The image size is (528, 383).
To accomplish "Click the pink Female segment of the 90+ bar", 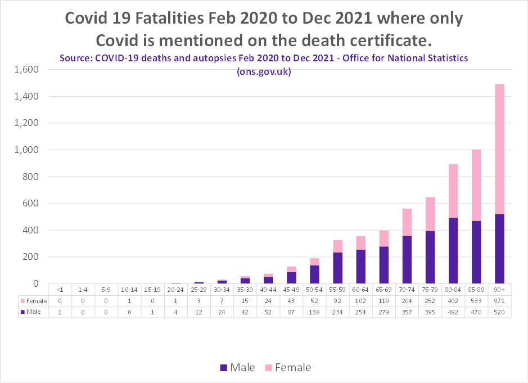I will [x=499, y=149].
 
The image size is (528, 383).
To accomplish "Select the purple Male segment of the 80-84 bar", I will [x=453, y=251].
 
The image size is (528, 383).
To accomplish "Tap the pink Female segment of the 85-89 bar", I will [x=476, y=185].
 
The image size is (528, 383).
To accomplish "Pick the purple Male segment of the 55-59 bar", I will [x=337, y=268].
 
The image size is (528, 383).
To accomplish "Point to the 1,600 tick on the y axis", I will [x=26, y=70].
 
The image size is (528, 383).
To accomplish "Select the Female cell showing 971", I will [x=499, y=300].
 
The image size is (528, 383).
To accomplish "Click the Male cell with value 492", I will [x=453, y=312].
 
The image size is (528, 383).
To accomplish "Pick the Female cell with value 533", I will [x=476, y=300].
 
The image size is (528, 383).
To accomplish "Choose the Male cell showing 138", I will [x=314, y=312].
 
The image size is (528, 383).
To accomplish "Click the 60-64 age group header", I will [x=360, y=290].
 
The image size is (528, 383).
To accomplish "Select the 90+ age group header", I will [x=499, y=290].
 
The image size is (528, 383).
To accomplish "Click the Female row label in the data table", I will [x=34, y=300].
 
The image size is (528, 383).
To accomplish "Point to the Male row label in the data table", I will [x=31, y=312].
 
